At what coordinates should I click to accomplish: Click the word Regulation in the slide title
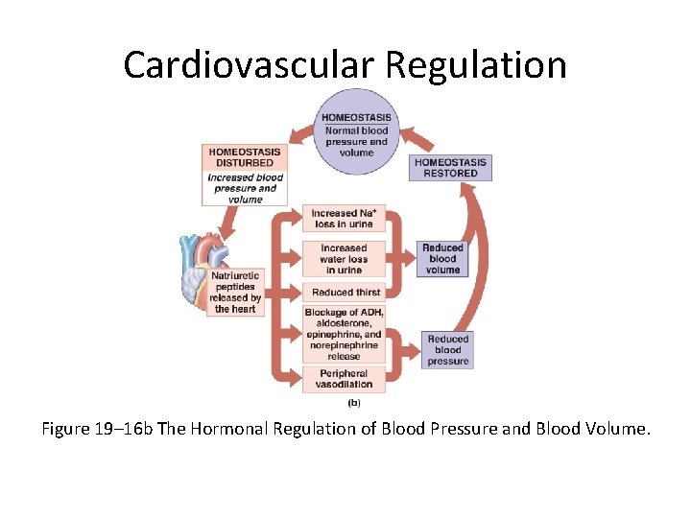(477, 65)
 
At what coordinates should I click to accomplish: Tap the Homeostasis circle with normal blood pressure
(356, 134)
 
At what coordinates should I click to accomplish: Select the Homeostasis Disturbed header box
(245, 156)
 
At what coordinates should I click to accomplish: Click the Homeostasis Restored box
(450, 168)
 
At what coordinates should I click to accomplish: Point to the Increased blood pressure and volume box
(245, 188)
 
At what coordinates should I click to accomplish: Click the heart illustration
(204, 264)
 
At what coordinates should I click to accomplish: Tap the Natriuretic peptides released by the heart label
(236, 293)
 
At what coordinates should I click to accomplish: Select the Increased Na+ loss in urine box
(344, 219)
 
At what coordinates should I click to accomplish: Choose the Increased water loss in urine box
(344, 258)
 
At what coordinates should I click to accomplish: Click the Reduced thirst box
(344, 292)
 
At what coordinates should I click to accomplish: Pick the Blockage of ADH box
(344, 334)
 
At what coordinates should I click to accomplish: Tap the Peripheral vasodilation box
(344, 379)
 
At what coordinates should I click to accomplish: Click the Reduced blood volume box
(442, 258)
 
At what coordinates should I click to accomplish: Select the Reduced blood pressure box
(447, 350)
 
